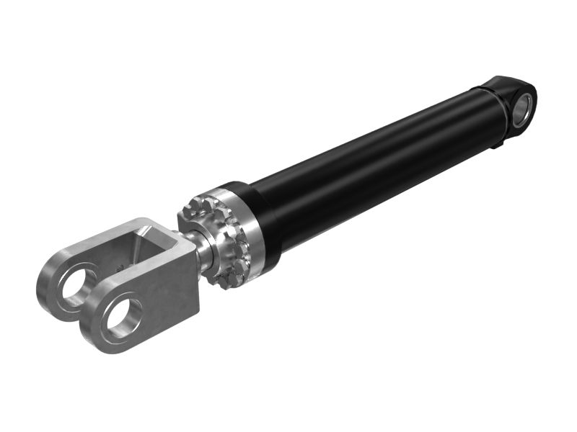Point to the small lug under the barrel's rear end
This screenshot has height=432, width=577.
coord(496,147)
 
